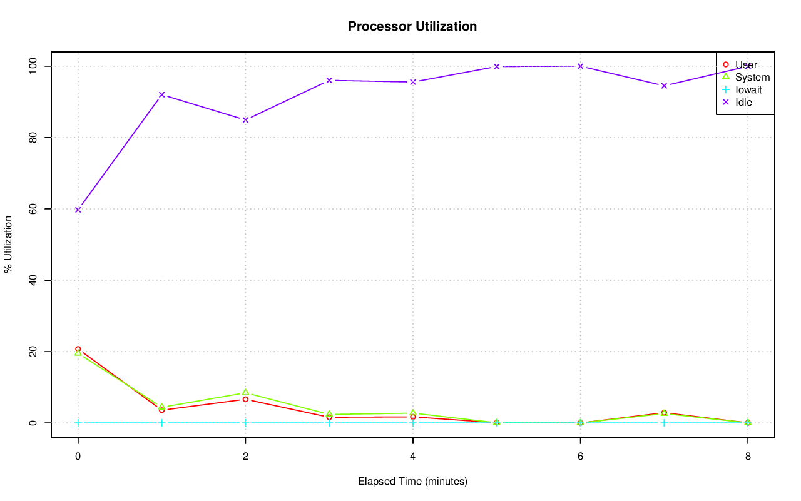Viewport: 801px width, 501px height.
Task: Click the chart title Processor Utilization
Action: point(412,26)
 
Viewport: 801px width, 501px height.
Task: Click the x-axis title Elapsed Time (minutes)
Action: point(412,482)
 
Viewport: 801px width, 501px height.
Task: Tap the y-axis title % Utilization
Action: point(8,244)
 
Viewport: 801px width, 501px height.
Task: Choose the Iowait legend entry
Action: point(748,89)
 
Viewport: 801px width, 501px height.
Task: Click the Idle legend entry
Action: point(743,102)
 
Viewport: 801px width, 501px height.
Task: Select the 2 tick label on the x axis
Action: point(245,457)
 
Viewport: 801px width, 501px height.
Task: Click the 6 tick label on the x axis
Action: point(580,457)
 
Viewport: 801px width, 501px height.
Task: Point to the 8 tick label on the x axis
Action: point(748,457)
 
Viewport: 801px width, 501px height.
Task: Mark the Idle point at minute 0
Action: point(78,210)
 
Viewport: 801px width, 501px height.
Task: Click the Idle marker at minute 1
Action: point(161,94)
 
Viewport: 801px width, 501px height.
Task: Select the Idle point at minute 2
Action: point(245,119)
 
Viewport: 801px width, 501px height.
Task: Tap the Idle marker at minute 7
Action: point(664,85)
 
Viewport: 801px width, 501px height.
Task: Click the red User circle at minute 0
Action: point(78,349)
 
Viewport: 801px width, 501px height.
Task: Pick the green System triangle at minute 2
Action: point(245,393)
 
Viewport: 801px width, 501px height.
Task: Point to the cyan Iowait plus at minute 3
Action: point(329,423)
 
